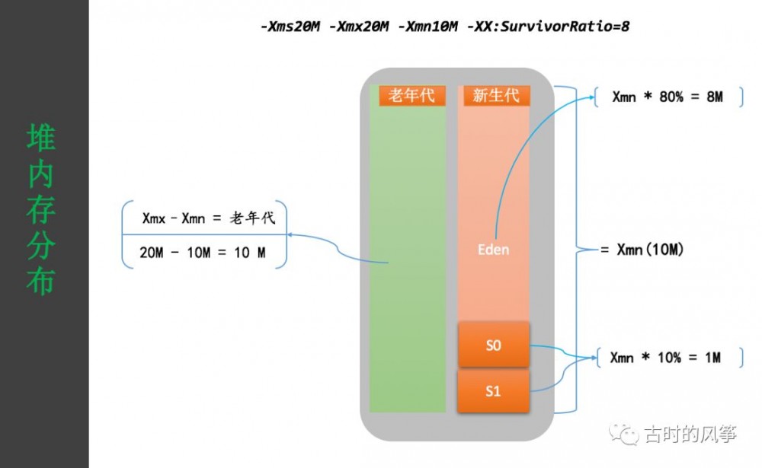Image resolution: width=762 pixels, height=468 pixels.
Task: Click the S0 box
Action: click(494, 345)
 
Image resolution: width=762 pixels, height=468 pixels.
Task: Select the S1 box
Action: click(494, 391)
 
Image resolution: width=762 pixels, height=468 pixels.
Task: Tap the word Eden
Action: click(493, 250)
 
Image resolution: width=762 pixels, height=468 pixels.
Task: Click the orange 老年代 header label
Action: click(411, 95)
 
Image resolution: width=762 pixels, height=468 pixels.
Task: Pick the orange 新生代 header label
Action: click(496, 95)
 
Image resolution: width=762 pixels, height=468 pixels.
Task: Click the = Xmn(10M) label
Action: click(640, 249)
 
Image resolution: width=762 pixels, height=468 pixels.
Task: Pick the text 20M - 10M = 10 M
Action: click(203, 253)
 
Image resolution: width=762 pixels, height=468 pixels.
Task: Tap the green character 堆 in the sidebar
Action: click(40, 138)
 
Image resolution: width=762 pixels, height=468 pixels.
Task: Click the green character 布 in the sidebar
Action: click(40, 282)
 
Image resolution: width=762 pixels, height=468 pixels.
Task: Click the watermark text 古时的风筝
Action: click(690, 435)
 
